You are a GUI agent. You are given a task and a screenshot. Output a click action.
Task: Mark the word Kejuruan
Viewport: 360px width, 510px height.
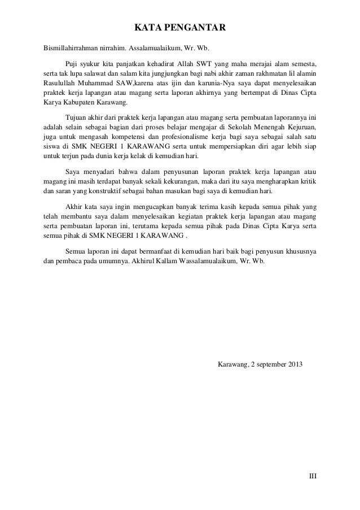point(297,128)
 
